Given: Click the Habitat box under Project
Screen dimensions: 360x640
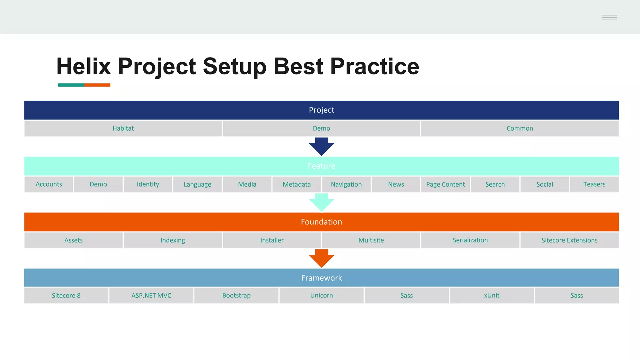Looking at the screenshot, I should tap(123, 128).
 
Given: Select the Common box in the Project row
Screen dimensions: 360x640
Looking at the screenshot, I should tap(520, 128).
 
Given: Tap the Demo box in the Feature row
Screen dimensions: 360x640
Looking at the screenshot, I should tap(98, 184).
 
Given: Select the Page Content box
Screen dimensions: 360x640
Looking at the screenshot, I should tap(445, 184).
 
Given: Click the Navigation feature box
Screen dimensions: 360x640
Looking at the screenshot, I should tap(346, 184).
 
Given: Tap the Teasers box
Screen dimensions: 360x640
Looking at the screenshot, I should tap(594, 184).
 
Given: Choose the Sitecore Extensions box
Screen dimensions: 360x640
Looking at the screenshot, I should tap(569, 240).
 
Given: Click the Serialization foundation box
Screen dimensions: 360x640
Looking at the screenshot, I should tap(470, 240).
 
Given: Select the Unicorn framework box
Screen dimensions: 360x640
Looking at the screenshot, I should tap(322, 296).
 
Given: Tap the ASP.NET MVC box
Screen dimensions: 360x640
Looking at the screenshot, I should tap(151, 296).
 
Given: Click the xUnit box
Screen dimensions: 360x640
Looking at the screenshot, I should tap(492, 296).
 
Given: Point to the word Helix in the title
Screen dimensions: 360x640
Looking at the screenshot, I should tap(83, 66).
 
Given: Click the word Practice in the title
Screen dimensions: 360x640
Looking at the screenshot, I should tap(374, 66).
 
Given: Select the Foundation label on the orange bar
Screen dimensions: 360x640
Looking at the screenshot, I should tap(322, 222).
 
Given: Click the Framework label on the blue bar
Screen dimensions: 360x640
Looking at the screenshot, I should tap(322, 278).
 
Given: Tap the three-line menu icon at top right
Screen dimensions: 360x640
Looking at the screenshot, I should tap(609, 17).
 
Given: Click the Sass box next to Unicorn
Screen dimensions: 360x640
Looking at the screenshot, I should tap(407, 296).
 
